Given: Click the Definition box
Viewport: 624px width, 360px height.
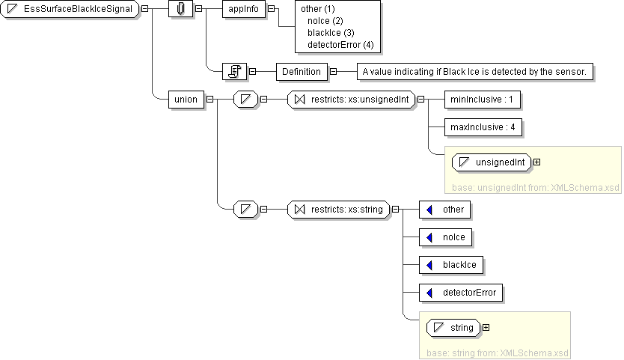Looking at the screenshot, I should [x=302, y=72].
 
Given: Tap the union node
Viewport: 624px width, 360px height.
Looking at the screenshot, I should [x=186, y=99].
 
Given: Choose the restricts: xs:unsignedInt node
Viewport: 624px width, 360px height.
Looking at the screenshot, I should [x=351, y=99].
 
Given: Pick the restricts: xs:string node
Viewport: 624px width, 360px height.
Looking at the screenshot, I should [x=339, y=210].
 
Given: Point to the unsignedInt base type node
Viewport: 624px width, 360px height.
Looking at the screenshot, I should [x=493, y=162].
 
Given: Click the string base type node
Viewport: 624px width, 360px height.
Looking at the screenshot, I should [x=454, y=327].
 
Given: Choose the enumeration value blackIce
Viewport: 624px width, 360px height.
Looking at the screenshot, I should [x=451, y=264].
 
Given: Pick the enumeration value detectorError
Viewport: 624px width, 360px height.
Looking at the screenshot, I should [x=462, y=292].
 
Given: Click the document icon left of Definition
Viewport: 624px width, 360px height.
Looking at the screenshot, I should [x=235, y=72].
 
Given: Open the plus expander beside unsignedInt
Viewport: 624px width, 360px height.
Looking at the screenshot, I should [x=536, y=162].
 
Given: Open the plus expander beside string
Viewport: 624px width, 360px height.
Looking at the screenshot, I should [x=486, y=327].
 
